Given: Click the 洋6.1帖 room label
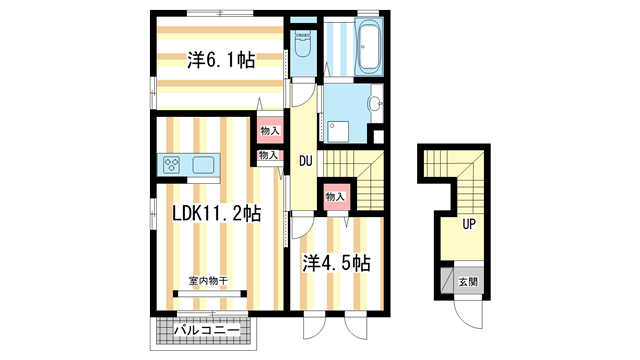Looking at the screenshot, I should (219, 61).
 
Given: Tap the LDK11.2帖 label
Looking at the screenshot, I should (216, 214).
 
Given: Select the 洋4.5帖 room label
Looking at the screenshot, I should (337, 264).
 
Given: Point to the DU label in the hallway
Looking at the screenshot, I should (306, 157).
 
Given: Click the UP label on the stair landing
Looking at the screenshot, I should (468, 224).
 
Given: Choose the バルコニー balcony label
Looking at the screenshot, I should (205, 330).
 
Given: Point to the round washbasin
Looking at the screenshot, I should (376, 103).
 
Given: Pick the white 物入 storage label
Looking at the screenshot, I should (268, 156).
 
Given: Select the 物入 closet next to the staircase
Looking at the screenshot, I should (334, 196).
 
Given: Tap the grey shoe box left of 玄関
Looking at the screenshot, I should (446, 282).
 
